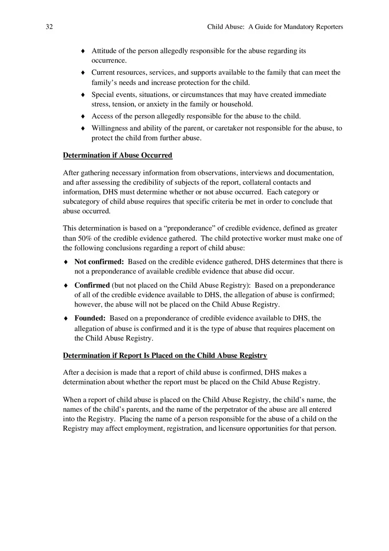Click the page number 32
click(x=49, y=27)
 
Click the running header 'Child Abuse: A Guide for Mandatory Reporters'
click(x=275, y=27)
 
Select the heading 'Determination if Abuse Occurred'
click(x=118, y=156)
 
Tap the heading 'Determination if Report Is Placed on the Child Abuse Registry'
click(x=165, y=356)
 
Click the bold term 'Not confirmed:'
click(x=99, y=262)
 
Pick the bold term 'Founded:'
click(x=90, y=318)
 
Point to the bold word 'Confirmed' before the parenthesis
click(x=92, y=285)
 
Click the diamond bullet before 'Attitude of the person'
click(x=83, y=51)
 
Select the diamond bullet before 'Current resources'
click(x=83, y=72)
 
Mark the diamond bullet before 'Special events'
click(x=83, y=95)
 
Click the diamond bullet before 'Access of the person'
click(x=83, y=116)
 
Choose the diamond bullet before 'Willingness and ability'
click(x=83, y=128)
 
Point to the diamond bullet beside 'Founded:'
click(x=66, y=318)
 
